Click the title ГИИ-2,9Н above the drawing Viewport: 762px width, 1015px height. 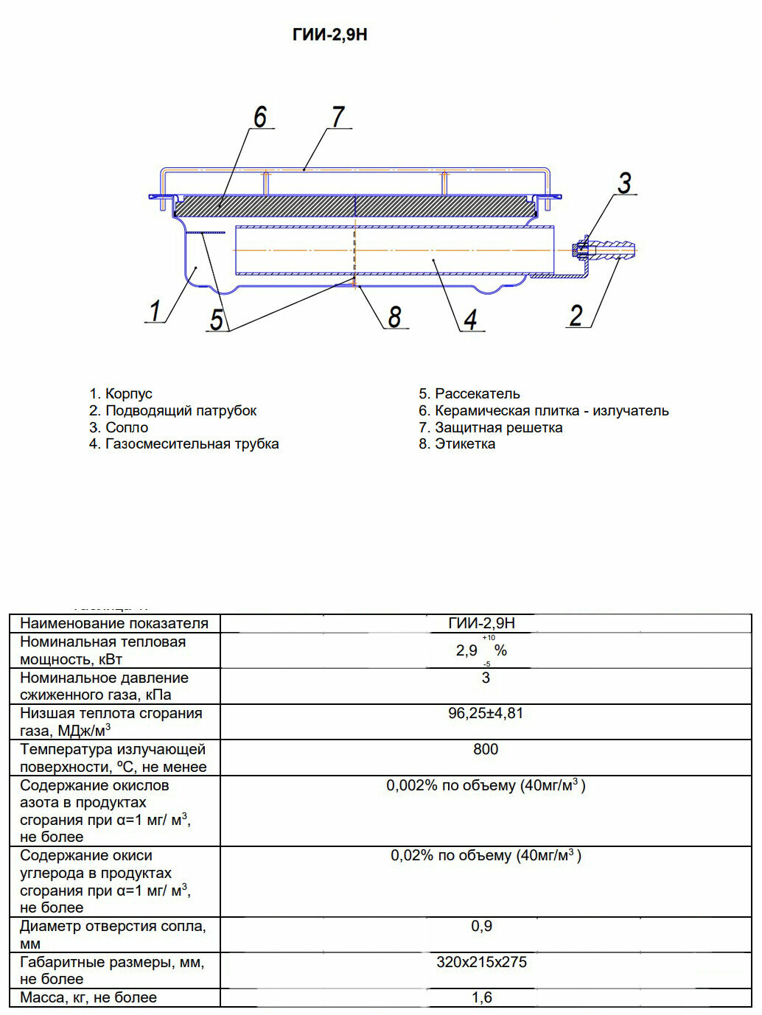[x=329, y=35]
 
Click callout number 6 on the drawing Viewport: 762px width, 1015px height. [x=260, y=117]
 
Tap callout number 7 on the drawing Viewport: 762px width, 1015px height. [x=338, y=117]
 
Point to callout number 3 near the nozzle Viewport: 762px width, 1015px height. [x=624, y=183]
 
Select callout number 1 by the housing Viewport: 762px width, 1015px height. [x=155, y=311]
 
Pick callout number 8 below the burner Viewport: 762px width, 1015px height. [x=394, y=317]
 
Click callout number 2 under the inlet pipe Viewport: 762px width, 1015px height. [x=576, y=315]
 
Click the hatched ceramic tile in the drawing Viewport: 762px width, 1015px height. [x=354, y=206]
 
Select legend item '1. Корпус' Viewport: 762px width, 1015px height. [x=121, y=394]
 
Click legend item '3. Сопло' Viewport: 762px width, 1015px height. [x=119, y=428]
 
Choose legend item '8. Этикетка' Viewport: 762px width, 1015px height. [x=457, y=444]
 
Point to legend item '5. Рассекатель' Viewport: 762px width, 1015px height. [x=469, y=394]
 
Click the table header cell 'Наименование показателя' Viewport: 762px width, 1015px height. [x=114, y=623]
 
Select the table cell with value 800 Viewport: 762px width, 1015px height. [x=486, y=750]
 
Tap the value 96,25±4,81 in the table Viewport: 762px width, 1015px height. [x=486, y=714]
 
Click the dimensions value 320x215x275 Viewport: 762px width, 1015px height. [x=482, y=963]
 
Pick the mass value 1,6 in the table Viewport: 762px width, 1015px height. [x=482, y=998]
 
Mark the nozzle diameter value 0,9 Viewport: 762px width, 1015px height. [x=482, y=927]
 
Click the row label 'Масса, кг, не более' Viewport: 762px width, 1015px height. [x=88, y=998]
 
